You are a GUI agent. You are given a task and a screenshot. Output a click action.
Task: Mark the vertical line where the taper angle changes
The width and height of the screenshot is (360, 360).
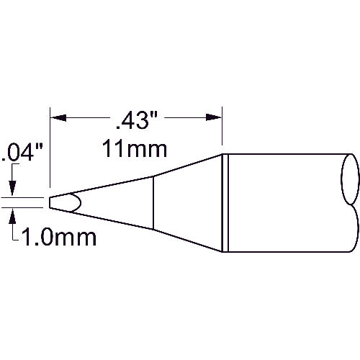tap(153, 202)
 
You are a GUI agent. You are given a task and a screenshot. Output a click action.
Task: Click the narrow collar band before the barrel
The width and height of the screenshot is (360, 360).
tap(225, 192)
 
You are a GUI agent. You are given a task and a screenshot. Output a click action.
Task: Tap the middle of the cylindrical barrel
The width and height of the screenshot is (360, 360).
tap(288, 192)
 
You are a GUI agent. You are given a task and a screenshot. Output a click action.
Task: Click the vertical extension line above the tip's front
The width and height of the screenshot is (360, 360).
tap(50, 151)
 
